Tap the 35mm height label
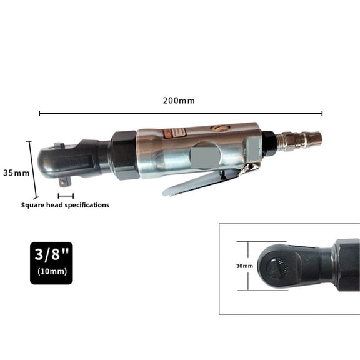point(15,172)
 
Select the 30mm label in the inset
point(244,266)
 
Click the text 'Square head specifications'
point(65,205)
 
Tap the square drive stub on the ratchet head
point(64,182)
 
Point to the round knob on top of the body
point(219,128)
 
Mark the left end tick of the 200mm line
point(39,113)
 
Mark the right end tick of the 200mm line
point(322,113)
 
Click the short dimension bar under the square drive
point(66,196)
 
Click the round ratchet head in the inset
point(276,266)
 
